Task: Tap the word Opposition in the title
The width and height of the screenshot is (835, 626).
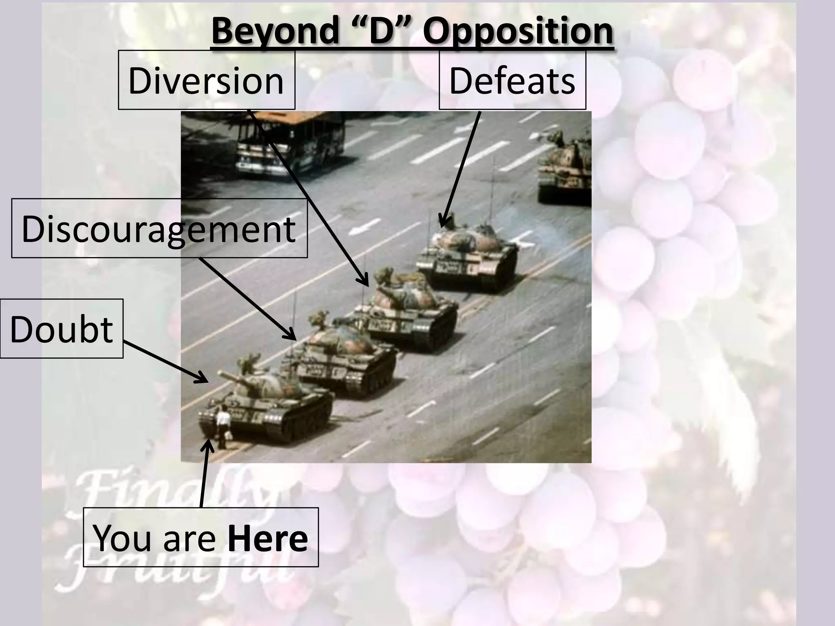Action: (x=518, y=32)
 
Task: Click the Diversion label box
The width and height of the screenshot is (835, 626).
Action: (x=206, y=80)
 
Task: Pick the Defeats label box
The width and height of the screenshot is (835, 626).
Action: (x=512, y=80)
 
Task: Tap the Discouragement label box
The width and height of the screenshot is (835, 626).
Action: (x=159, y=228)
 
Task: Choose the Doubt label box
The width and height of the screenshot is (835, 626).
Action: (x=61, y=328)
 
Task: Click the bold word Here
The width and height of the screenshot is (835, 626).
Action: (x=268, y=538)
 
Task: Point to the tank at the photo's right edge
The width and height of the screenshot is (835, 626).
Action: (x=565, y=167)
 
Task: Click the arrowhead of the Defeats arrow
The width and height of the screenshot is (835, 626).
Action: (x=442, y=223)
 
